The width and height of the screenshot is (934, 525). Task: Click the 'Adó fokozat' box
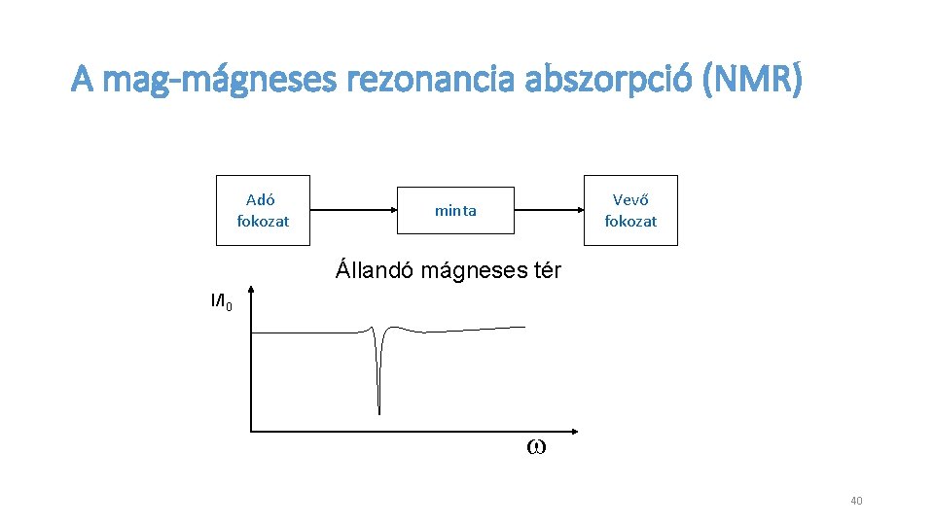(x=263, y=210)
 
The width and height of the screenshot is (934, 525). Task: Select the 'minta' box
(x=455, y=210)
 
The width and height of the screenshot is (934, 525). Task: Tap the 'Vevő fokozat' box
(x=630, y=210)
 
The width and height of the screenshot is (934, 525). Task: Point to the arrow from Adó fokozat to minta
(x=354, y=209)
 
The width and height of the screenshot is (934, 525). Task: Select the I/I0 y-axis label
(x=221, y=301)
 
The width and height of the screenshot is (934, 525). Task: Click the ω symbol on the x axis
(x=535, y=447)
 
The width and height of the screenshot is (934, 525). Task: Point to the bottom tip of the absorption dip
(x=379, y=412)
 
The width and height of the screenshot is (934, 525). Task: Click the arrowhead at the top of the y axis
(x=251, y=290)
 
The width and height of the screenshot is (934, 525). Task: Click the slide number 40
(x=856, y=501)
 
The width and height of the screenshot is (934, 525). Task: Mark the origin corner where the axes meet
(x=251, y=430)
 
